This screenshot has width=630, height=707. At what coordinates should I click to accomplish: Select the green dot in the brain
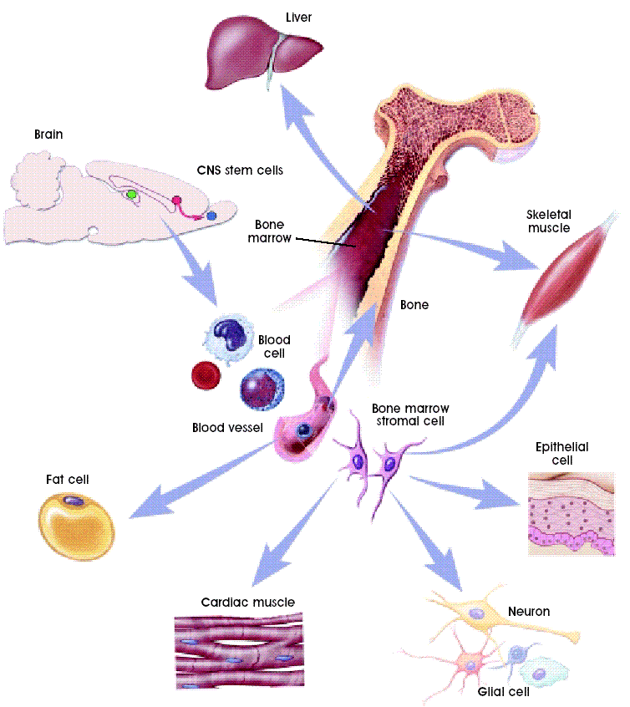click(x=132, y=194)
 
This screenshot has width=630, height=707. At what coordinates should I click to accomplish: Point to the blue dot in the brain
click(x=211, y=216)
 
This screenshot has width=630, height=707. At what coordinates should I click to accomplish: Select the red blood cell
click(x=206, y=376)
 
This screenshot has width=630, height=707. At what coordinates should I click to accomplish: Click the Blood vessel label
click(x=227, y=428)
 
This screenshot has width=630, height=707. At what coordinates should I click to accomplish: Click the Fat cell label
click(x=67, y=480)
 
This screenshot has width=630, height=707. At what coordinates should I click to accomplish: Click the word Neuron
click(x=529, y=611)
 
